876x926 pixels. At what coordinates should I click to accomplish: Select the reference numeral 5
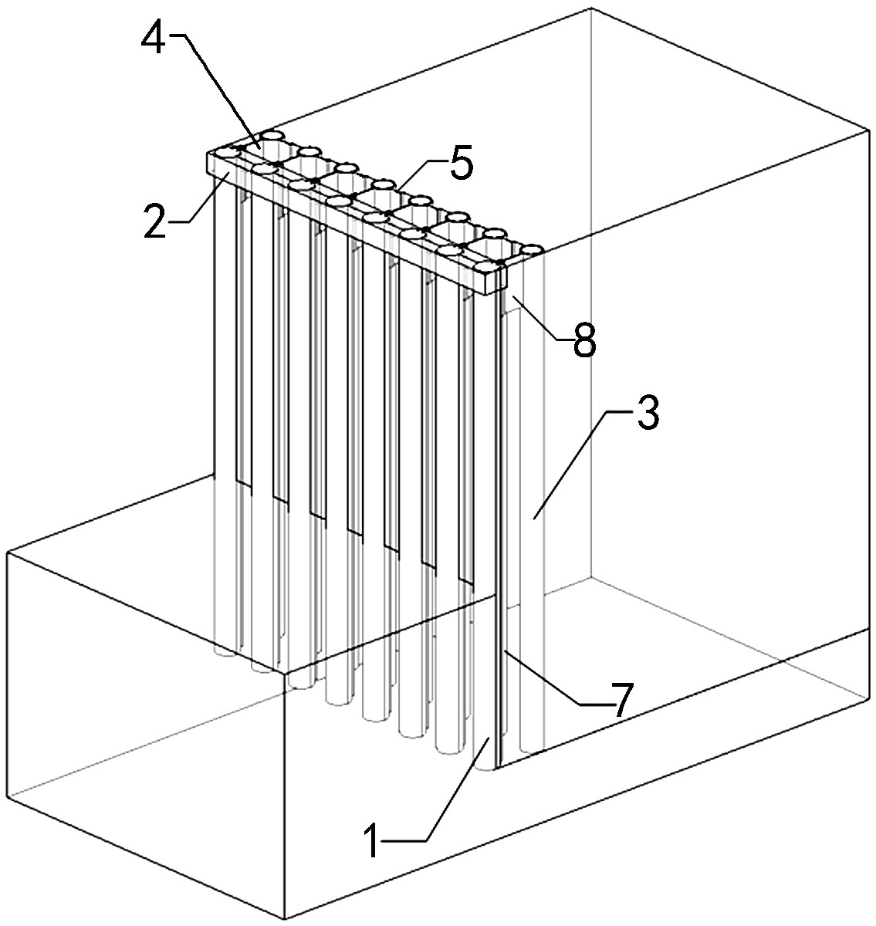(x=460, y=165)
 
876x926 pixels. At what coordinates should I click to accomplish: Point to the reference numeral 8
(x=584, y=342)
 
